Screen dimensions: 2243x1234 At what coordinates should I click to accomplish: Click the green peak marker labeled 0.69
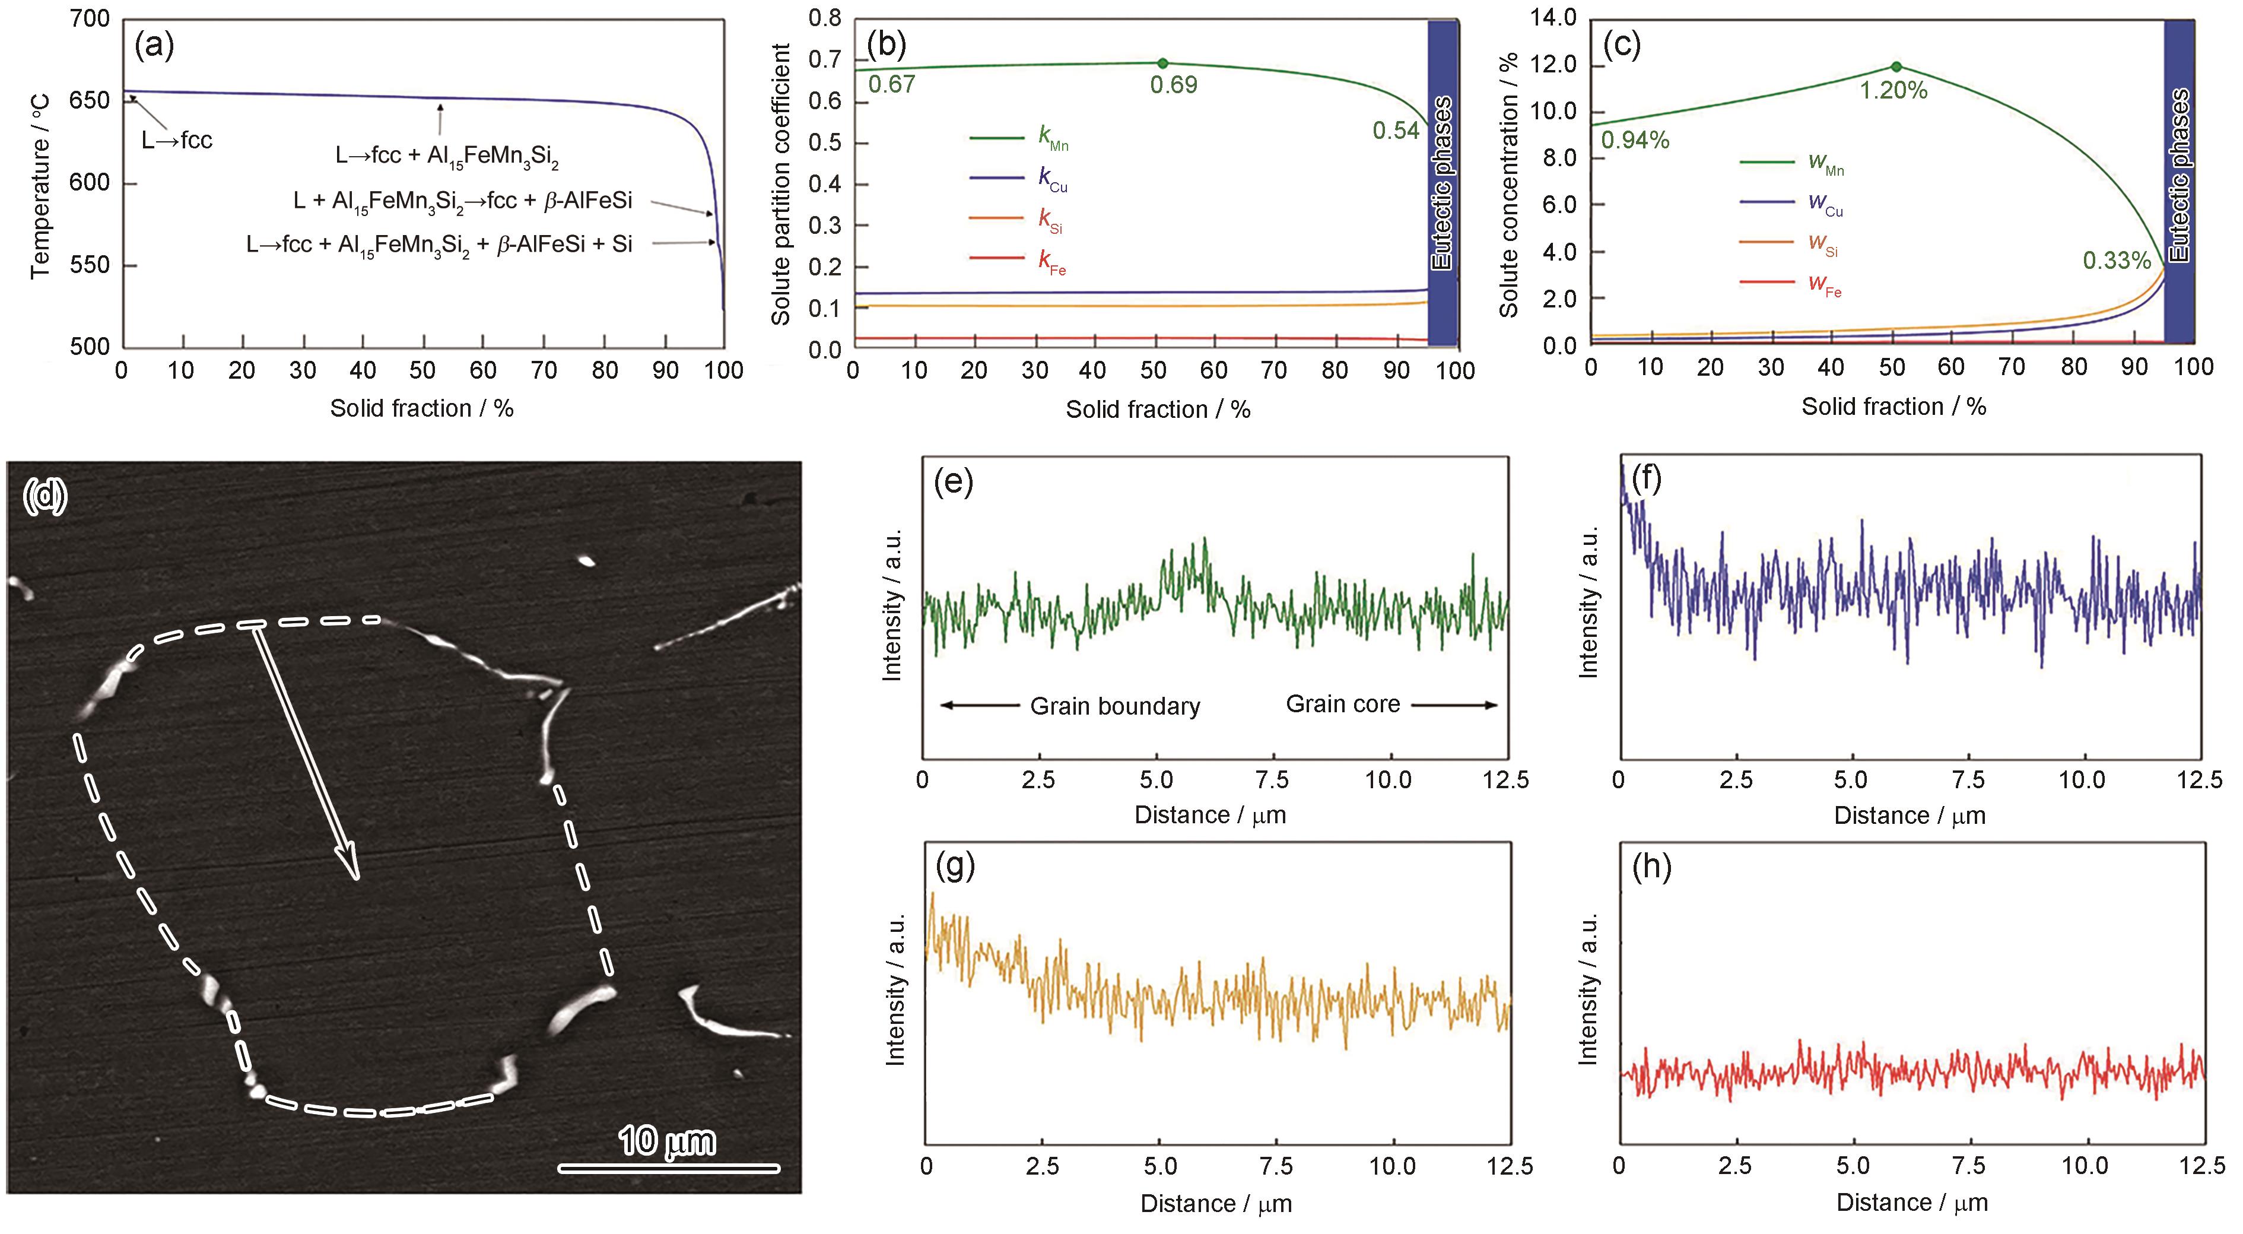(x=1162, y=63)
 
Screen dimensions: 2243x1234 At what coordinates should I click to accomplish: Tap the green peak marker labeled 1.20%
(x=1896, y=66)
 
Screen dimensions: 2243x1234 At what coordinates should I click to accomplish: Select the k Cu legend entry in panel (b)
(x=1019, y=179)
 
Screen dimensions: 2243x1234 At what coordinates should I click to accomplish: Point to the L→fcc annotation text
(x=177, y=140)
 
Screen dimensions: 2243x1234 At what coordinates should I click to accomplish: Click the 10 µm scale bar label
(x=666, y=1141)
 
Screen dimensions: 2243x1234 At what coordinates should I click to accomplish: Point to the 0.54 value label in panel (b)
(x=1396, y=131)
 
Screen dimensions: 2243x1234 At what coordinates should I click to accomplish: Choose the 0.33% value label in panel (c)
(x=2117, y=261)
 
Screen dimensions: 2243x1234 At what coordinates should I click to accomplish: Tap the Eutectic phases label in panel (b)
(x=1442, y=183)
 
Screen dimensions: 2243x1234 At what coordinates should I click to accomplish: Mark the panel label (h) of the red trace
(x=1652, y=869)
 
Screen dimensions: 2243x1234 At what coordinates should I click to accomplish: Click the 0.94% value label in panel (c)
(x=1634, y=140)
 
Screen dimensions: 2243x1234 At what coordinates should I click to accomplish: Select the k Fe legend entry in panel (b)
(x=1019, y=261)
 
